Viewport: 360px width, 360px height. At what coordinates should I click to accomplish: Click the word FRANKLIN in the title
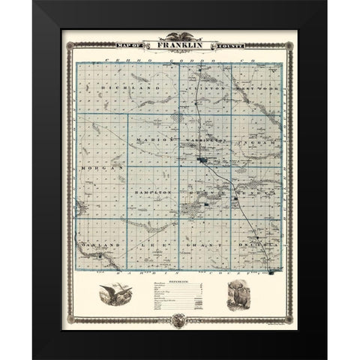click(180, 45)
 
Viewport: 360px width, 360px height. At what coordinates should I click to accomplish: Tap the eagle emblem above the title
click(180, 35)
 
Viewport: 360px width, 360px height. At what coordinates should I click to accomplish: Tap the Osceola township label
click(251, 244)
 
